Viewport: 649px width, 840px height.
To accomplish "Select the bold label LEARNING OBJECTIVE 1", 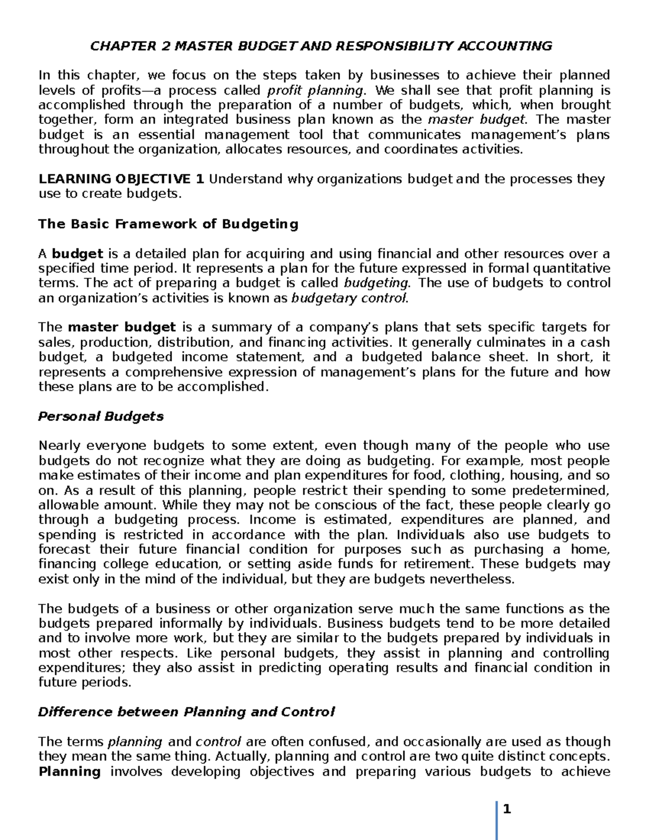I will tap(121, 179).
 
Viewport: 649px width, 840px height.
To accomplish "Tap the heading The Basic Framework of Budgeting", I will tap(168, 224).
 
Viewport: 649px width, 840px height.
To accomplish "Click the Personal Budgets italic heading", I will tap(101, 416).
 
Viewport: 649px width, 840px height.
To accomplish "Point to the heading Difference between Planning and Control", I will tap(186, 712).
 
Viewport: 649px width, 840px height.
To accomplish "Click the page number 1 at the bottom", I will tap(507, 810).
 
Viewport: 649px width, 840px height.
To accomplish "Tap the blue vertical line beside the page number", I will tap(497, 819).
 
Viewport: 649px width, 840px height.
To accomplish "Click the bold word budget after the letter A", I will tap(77, 254).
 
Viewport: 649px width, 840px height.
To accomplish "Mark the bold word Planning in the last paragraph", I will tap(70, 771).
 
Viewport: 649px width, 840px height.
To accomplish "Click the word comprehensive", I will tap(165, 372).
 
